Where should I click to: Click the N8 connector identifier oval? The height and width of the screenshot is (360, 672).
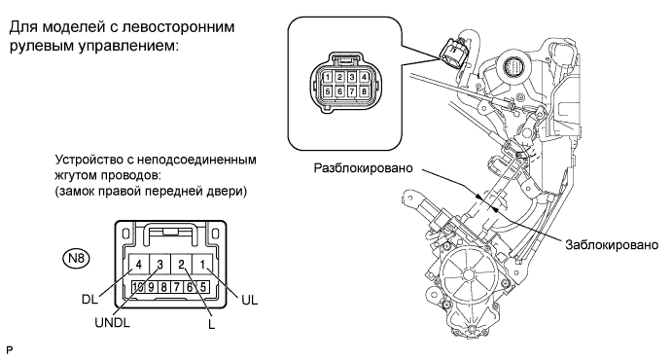(77, 259)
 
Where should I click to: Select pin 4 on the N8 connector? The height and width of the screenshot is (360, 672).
(138, 265)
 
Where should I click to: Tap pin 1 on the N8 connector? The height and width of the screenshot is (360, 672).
(202, 265)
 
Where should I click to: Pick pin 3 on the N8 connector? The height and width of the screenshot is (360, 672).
(159, 265)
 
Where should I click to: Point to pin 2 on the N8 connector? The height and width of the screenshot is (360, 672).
(181, 265)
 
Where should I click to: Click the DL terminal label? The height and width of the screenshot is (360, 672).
(89, 299)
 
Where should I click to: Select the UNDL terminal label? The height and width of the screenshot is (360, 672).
(112, 322)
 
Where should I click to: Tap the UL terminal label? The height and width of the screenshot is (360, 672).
(250, 301)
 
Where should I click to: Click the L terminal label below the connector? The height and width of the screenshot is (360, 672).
(211, 324)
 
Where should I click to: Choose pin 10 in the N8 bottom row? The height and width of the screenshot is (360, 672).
(138, 287)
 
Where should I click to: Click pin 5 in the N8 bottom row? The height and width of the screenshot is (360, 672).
(202, 287)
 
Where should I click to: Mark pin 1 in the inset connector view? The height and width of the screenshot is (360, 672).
(327, 77)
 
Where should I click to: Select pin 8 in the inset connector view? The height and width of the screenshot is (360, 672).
(364, 91)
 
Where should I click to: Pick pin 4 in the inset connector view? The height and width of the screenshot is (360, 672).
(364, 77)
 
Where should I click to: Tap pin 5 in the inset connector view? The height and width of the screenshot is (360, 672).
(327, 91)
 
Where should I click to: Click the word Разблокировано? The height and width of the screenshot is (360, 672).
(364, 168)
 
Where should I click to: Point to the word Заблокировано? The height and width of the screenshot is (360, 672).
(612, 245)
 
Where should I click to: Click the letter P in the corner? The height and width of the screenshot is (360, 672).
(10, 351)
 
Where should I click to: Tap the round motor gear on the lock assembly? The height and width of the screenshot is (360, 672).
(468, 274)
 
